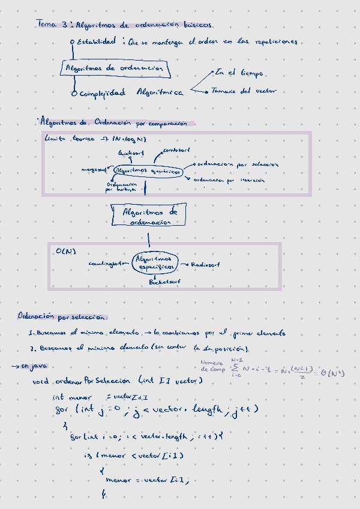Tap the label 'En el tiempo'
point(239,73)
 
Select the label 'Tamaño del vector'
point(243,91)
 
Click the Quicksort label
point(131,154)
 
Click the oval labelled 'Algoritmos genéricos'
point(148,171)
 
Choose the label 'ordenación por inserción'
point(229,179)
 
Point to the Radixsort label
point(205,265)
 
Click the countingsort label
point(109,263)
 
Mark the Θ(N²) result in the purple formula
point(337,373)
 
